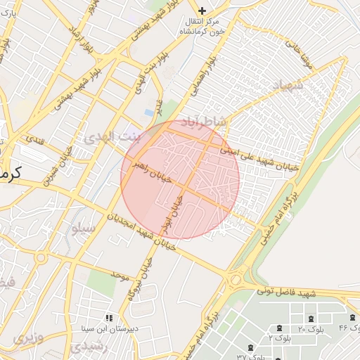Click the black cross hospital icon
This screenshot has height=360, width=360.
[202, 11]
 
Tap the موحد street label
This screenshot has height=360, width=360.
[120, 275]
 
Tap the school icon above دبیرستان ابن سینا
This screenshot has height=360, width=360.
[108, 318]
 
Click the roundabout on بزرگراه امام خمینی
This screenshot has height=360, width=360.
[236, 281]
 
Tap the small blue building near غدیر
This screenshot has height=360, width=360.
[149, 112]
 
